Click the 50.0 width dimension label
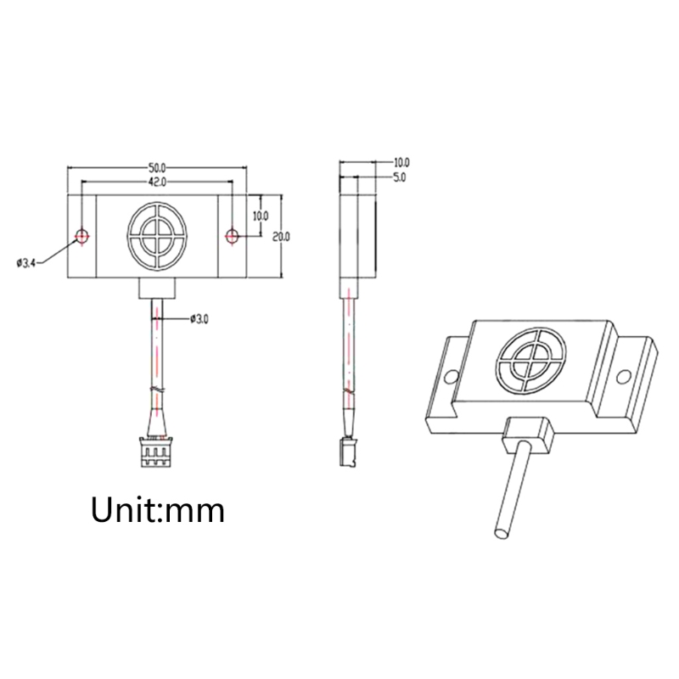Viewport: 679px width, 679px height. [x=157, y=167]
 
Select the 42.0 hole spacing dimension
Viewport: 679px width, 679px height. [x=157, y=182]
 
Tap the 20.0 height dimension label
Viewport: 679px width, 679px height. [x=281, y=237]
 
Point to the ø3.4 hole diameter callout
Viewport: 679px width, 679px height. [x=26, y=263]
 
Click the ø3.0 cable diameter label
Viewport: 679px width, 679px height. [x=199, y=319]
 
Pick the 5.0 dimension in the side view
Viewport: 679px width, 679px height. [x=399, y=177]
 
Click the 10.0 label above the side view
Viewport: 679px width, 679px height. [x=401, y=162]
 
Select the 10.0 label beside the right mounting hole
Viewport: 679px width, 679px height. [x=260, y=216]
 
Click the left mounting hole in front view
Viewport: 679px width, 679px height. [x=81, y=236]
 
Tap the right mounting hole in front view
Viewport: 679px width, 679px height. [x=232, y=236]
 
